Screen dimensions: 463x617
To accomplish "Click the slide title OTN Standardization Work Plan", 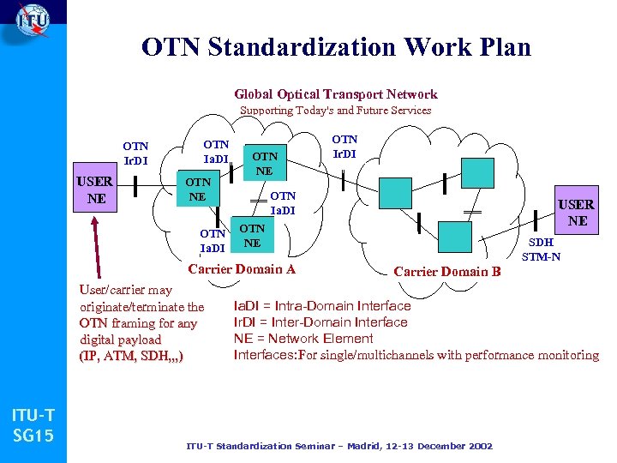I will (x=337, y=46).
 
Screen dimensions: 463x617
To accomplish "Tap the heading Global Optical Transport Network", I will (x=336, y=94).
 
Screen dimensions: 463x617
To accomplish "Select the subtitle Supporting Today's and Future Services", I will (x=335, y=111).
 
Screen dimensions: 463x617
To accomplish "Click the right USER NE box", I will (x=577, y=212).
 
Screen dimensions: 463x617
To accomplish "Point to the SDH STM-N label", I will (x=541, y=250).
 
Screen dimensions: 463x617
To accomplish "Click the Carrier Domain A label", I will (x=242, y=268).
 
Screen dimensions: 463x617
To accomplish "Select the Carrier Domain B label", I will (x=447, y=272).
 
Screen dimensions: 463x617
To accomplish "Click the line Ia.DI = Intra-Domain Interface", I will (x=322, y=306).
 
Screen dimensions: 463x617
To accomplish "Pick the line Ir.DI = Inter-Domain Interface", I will (x=320, y=322).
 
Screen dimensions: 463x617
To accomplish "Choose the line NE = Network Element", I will (x=303, y=339).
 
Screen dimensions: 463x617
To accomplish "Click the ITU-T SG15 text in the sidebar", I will (x=33, y=426).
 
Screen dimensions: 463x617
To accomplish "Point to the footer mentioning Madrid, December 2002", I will (x=339, y=446).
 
